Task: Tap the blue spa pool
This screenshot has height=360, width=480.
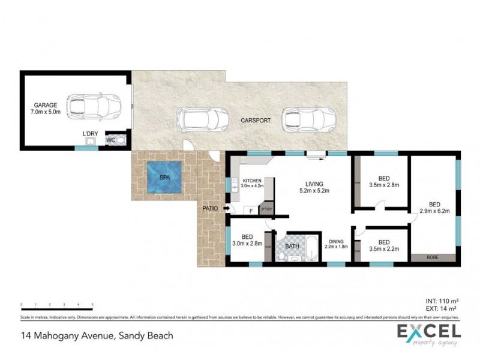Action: (x=164, y=178)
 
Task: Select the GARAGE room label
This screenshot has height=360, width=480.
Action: (x=46, y=109)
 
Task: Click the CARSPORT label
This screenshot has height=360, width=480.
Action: (x=256, y=121)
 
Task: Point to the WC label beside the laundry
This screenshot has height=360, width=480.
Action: (x=110, y=140)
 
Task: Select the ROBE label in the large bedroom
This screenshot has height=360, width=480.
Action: (x=433, y=257)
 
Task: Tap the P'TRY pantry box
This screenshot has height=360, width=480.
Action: (x=266, y=210)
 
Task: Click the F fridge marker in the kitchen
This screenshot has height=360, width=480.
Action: (x=250, y=211)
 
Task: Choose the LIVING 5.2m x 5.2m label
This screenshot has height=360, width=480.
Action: (x=314, y=187)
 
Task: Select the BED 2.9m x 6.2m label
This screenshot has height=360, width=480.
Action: (x=434, y=207)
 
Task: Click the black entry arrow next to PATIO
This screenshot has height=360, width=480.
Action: (x=226, y=209)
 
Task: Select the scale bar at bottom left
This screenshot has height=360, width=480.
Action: (x=56, y=307)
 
